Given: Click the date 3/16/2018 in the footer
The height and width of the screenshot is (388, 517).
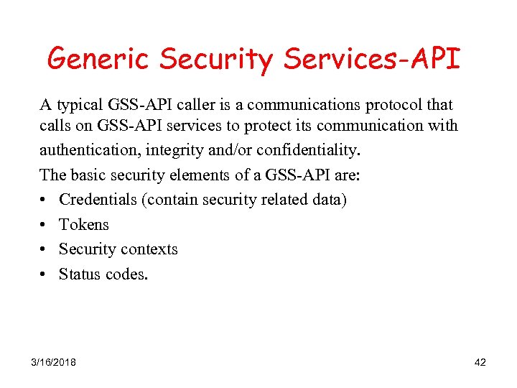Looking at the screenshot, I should click(x=54, y=362).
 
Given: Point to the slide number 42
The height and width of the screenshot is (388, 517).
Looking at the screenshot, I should click(x=480, y=362).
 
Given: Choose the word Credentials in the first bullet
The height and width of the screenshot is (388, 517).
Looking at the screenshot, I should click(x=98, y=199).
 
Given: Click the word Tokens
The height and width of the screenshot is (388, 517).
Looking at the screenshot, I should click(x=83, y=224).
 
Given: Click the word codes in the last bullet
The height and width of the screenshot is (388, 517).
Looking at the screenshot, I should click(x=126, y=274).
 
